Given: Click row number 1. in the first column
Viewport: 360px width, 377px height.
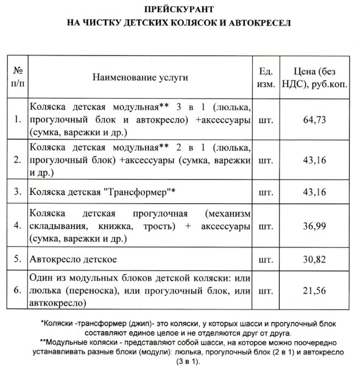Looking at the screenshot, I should point(17,119).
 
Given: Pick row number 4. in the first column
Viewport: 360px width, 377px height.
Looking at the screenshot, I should point(17,225).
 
